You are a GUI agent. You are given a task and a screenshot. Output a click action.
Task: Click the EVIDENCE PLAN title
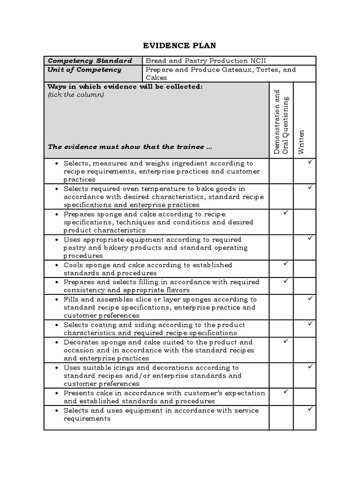click(x=180, y=45)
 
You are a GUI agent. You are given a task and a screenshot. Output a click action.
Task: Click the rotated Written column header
click(x=301, y=142)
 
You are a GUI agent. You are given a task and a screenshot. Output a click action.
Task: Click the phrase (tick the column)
click(x=75, y=95)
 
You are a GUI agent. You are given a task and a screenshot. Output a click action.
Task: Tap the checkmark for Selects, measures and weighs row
click(x=310, y=162)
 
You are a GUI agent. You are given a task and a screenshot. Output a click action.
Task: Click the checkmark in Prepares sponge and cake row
click(x=285, y=213)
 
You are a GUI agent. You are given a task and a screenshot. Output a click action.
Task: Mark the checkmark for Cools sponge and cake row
click(x=285, y=264)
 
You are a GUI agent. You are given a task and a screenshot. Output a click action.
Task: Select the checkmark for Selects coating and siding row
click(x=310, y=323)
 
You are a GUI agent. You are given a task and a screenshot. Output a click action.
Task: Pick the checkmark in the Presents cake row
click(x=285, y=391)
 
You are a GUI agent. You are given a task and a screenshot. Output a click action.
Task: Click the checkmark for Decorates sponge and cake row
click(x=285, y=341)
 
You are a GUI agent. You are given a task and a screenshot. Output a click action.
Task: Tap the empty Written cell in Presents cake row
click(x=305, y=397)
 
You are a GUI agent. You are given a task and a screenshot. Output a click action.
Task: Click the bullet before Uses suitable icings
click(x=56, y=368)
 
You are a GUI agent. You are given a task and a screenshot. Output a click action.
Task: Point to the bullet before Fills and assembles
click(x=56, y=300)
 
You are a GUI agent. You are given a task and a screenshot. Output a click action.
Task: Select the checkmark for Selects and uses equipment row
click(x=310, y=409)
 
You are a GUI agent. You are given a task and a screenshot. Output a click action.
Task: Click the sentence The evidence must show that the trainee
click(x=130, y=147)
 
